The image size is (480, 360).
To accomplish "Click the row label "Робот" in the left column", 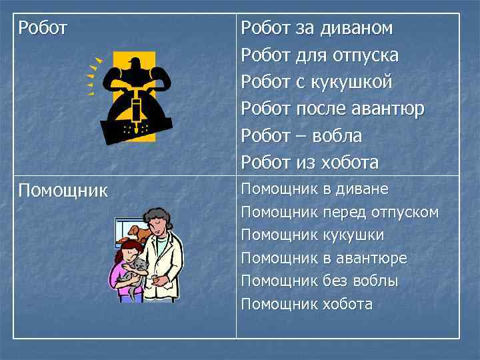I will tap(43, 28).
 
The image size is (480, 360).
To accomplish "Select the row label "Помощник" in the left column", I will tap(63, 191).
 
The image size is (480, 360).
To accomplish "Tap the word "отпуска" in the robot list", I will tap(365, 55).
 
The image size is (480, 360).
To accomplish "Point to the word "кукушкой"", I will tap(351, 82).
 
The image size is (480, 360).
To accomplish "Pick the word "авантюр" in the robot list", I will tap(391, 109).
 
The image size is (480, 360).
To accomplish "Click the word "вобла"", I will tap(339, 135).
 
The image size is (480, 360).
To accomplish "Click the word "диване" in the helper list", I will tap(364, 189).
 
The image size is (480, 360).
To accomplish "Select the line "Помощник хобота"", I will tap(307, 305).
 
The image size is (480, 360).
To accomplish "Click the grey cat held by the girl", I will tap(139, 269).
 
